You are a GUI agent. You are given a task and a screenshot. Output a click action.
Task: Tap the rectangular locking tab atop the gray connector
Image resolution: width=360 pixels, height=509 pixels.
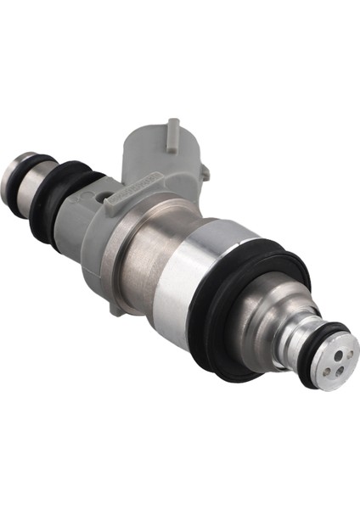pos(173,132)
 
